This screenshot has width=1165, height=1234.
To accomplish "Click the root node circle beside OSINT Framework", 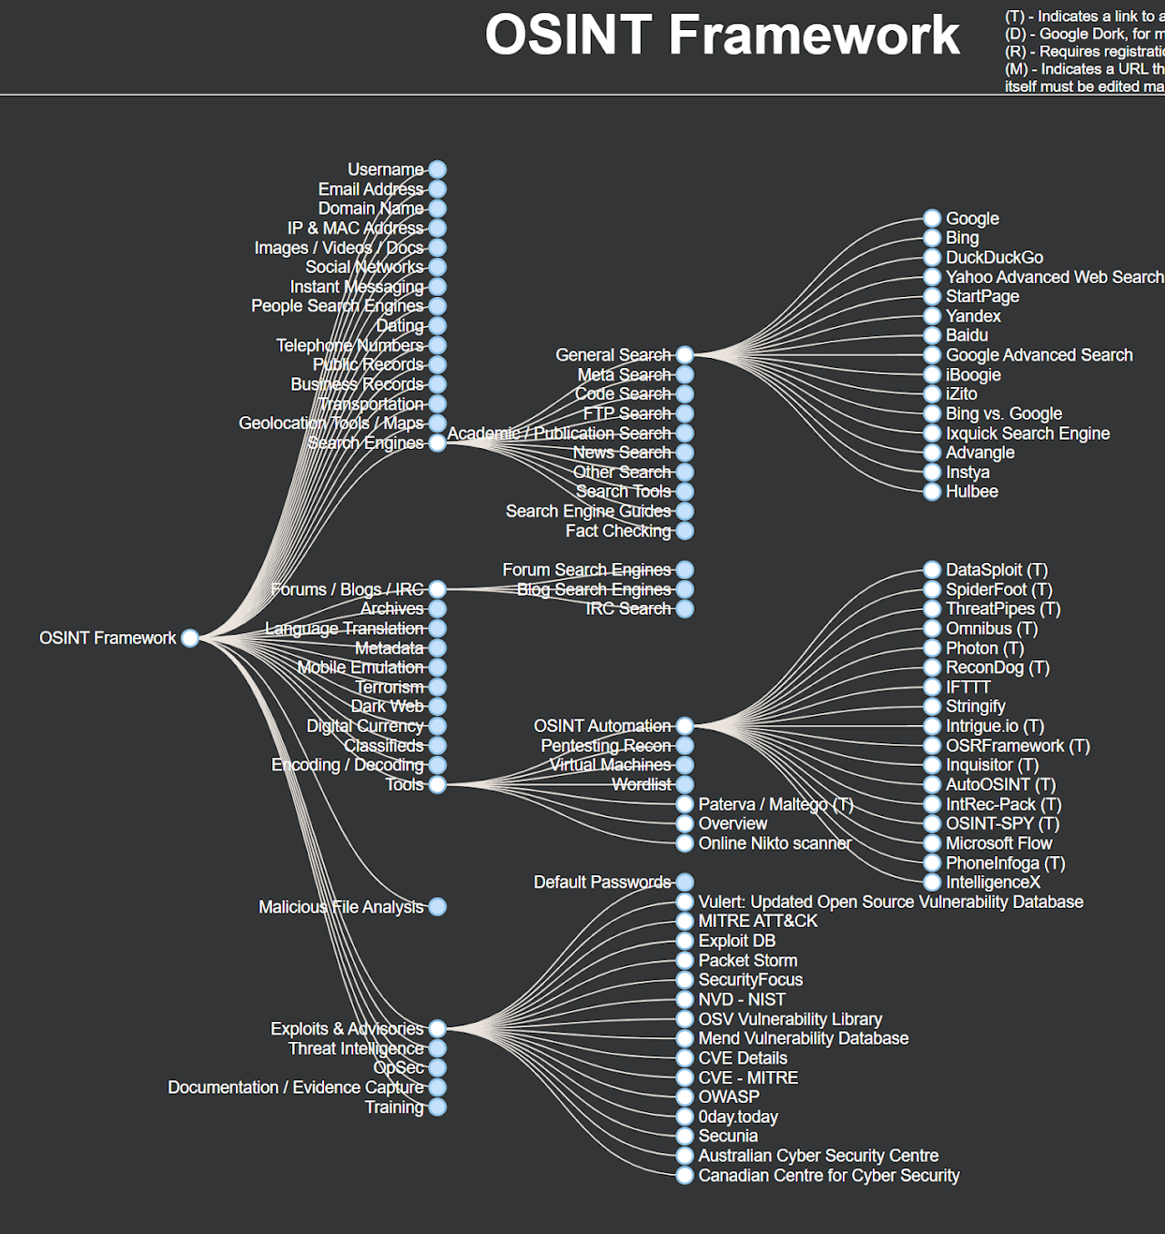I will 189,638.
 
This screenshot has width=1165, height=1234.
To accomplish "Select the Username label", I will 385,169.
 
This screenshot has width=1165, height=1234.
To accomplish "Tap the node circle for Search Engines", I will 437,443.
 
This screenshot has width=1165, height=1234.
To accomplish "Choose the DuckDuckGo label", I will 994,258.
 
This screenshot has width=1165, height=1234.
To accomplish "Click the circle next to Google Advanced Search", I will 932,355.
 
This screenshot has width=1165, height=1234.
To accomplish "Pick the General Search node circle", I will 684,355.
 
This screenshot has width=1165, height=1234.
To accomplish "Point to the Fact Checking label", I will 618,531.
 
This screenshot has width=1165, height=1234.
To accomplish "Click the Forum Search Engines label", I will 586,570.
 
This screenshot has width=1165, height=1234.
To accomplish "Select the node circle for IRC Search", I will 684,608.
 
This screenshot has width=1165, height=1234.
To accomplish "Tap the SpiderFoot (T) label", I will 998,590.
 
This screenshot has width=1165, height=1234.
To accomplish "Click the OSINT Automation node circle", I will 684,726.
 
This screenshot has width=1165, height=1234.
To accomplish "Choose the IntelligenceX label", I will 992,882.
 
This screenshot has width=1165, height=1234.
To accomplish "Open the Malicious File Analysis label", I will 340,907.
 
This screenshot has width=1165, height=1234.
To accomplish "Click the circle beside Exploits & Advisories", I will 437,1028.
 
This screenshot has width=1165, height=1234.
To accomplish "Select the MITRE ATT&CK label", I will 757,921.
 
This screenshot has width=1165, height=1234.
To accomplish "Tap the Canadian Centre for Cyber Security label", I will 828,1176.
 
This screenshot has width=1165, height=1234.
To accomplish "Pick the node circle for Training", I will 437,1107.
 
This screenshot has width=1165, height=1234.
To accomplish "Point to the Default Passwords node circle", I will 684,882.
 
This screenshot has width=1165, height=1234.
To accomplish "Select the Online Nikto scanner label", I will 775,843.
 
